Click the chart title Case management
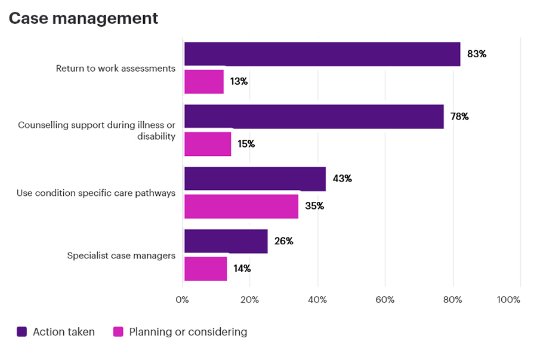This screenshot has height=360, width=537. pyautogui.click(x=84, y=19)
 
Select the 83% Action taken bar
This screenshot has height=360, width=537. pyautogui.click(x=322, y=54)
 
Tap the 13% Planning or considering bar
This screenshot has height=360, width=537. pyautogui.click(x=204, y=82)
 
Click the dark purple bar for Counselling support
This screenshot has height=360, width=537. pyautogui.click(x=314, y=116)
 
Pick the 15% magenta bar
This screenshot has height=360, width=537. pyautogui.click(x=208, y=144)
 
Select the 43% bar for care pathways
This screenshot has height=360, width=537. pyautogui.click(x=255, y=179)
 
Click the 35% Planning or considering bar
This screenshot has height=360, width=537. pyautogui.click(x=241, y=207)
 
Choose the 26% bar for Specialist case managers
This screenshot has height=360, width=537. pyautogui.click(x=226, y=241)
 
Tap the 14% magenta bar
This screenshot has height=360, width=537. pyautogui.click(x=206, y=269)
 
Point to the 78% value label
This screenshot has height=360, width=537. pyautogui.click(x=459, y=116)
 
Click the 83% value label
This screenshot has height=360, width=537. pyautogui.click(x=477, y=54)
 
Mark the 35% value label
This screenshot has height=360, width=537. pyautogui.click(x=314, y=207)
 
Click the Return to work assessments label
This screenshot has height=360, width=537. pyautogui.click(x=116, y=68)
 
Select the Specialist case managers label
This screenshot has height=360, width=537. pyautogui.click(x=121, y=256)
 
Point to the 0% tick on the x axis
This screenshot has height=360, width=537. pyautogui.click(x=183, y=300)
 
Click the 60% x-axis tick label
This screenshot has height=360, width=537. pyautogui.click(x=385, y=300)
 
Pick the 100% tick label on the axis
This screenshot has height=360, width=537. pyautogui.click(x=508, y=300)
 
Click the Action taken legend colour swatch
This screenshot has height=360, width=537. pyautogui.click(x=22, y=332)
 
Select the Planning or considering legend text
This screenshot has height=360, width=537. pyautogui.click(x=188, y=332)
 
